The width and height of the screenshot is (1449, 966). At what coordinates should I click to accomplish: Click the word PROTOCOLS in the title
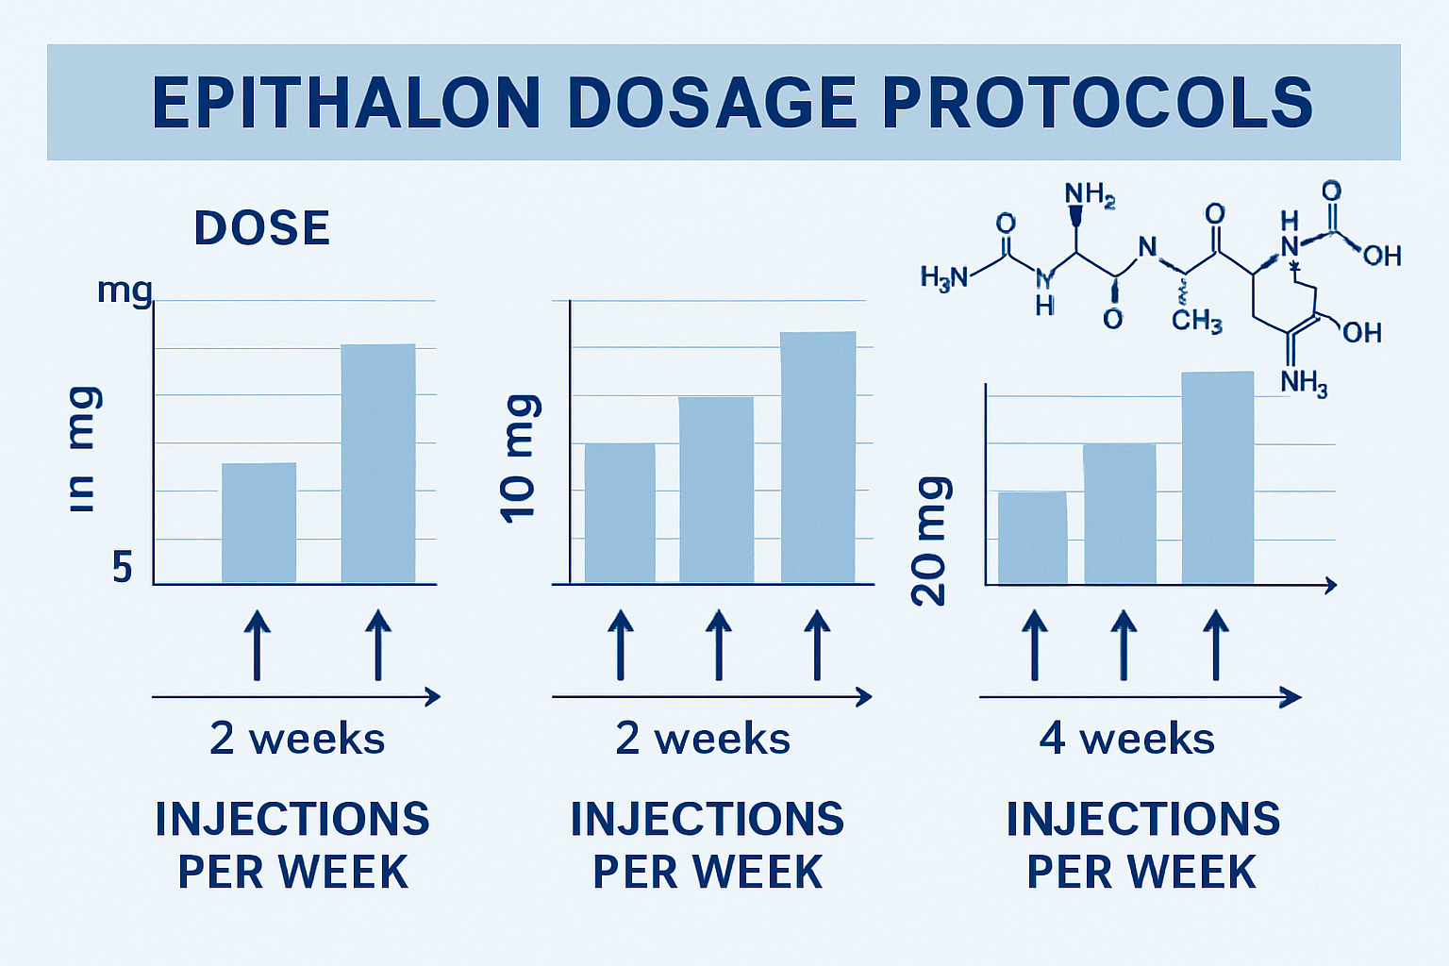[1097, 103]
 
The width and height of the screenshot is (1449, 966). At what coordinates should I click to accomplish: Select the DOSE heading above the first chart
[262, 228]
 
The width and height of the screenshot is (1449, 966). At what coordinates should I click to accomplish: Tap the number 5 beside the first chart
[122, 568]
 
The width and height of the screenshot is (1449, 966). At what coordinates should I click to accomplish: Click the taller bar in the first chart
[378, 463]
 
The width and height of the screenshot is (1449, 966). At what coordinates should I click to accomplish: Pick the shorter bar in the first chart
[258, 523]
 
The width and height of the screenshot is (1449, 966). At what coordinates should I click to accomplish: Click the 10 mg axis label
[519, 458]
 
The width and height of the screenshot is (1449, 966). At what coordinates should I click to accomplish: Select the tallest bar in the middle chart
[818, 457]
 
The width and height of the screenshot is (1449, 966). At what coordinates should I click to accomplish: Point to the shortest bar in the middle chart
[620, 513]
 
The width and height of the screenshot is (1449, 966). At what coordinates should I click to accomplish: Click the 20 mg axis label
[932, 541]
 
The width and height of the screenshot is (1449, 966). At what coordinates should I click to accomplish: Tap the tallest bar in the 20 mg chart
[1218, 477]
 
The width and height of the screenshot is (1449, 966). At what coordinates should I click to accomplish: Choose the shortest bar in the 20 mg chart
[1033, 538]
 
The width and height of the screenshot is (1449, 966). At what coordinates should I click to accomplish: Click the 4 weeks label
[1127, 739]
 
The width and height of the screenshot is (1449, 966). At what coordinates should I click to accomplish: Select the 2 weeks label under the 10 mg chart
[703, 739]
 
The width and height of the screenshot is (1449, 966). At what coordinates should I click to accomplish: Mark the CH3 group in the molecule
[1196, 321]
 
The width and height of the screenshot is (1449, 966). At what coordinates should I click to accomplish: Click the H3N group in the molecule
[944, 277]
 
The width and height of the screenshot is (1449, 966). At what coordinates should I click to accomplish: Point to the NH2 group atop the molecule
[1090, 195]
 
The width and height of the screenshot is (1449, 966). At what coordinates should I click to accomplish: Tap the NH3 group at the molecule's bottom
[1304, 383]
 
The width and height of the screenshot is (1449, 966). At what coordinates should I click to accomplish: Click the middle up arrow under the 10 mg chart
[719, 645]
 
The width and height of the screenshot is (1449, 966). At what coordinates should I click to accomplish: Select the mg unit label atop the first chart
[124, 290]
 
